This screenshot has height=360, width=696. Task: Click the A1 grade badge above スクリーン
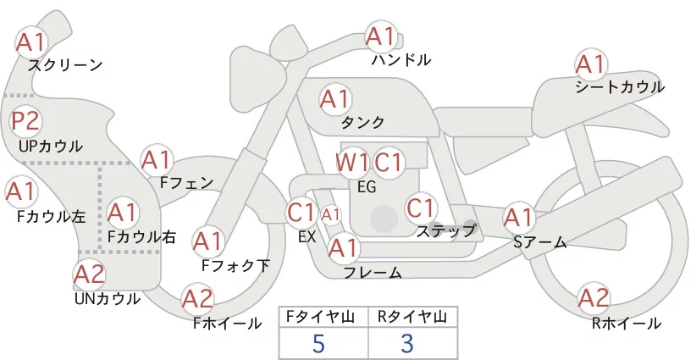32,41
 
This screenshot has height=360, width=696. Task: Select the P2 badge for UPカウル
25,121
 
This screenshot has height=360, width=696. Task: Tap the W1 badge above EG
351,163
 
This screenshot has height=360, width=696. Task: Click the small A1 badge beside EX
330,215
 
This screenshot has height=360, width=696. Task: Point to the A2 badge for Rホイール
594,298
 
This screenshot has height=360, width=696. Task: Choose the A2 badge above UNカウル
89,273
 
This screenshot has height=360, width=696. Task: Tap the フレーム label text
372,273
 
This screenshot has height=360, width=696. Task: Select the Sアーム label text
539,242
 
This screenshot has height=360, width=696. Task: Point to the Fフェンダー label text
186,182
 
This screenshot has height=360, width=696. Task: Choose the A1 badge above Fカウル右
123,212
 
